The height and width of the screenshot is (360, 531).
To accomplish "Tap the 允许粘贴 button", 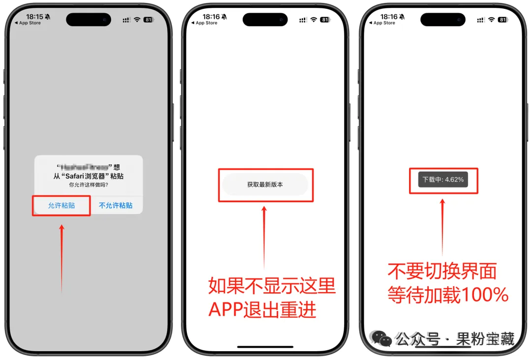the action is [61, 206].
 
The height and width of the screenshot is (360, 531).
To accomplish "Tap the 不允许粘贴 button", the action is [116, 206].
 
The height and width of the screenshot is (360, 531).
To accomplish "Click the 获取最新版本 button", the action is [265, 184].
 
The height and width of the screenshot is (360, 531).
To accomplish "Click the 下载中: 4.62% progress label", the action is [443, 180].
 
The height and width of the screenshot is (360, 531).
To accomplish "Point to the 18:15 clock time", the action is [34, 17].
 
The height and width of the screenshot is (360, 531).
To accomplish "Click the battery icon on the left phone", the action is [148, 20].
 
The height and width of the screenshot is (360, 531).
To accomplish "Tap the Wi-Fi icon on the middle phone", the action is [314, 20].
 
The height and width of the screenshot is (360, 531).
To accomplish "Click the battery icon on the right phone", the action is [502, 20].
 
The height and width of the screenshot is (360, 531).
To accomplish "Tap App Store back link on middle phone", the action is [205, 23].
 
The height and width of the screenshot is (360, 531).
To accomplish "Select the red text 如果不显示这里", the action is [272, 286].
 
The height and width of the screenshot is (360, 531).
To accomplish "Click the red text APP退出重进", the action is [262, 310].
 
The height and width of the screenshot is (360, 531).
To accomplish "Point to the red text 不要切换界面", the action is [442, 271].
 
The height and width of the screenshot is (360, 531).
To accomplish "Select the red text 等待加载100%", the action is [448, 295].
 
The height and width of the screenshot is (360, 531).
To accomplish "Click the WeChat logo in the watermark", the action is [382, 338].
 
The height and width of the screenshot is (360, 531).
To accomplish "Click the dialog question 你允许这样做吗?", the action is [88, 185].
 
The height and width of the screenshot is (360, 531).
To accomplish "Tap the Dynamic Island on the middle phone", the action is [265, 20].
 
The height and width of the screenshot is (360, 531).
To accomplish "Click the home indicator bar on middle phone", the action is [265, 347].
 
